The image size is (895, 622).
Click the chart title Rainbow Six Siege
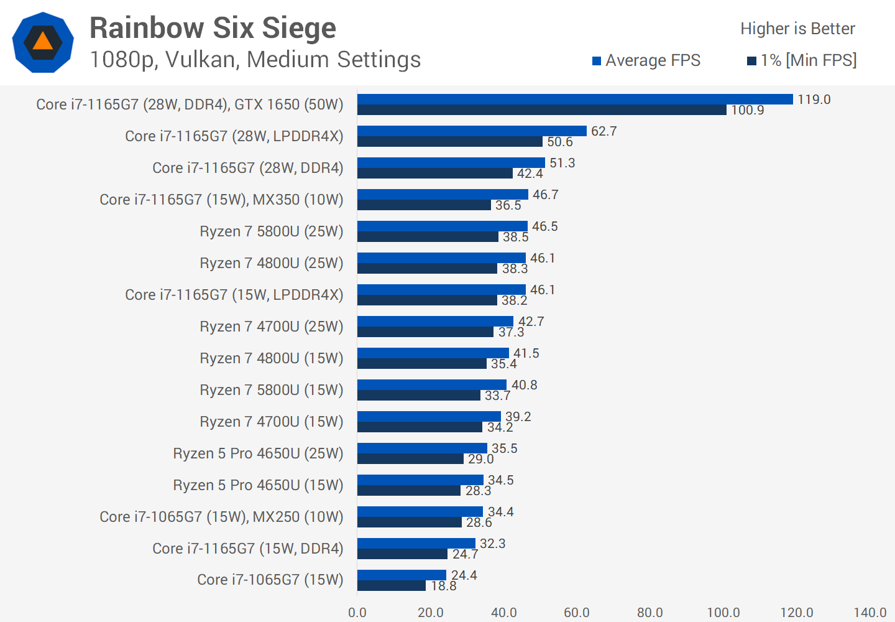(213, 29)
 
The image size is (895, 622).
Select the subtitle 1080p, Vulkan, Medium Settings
(255, 60)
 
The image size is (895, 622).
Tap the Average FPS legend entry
(646, 60)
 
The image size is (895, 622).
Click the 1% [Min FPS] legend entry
(802, 60)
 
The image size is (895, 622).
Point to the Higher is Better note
(797, 29)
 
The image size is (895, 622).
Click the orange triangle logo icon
(43, 42)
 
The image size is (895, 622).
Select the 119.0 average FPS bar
(575, 100)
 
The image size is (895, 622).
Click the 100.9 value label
(747, 110)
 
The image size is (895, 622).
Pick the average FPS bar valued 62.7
(472, 131)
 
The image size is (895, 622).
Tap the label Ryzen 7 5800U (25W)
(271, 231)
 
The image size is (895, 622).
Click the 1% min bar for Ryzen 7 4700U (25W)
(425, 332)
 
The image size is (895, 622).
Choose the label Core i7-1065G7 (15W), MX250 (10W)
(221, 517)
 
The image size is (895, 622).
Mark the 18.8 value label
(444, 586)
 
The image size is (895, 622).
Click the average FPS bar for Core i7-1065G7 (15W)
(402, 575)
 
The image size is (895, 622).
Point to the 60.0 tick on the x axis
(577, 613)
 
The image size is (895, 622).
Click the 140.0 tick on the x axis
(870, 613)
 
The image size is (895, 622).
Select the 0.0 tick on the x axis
(357, 613)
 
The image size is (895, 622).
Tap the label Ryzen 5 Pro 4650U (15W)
(258, 485)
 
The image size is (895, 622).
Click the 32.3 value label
(492, 544)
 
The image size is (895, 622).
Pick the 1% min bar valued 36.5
(424, 205)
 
